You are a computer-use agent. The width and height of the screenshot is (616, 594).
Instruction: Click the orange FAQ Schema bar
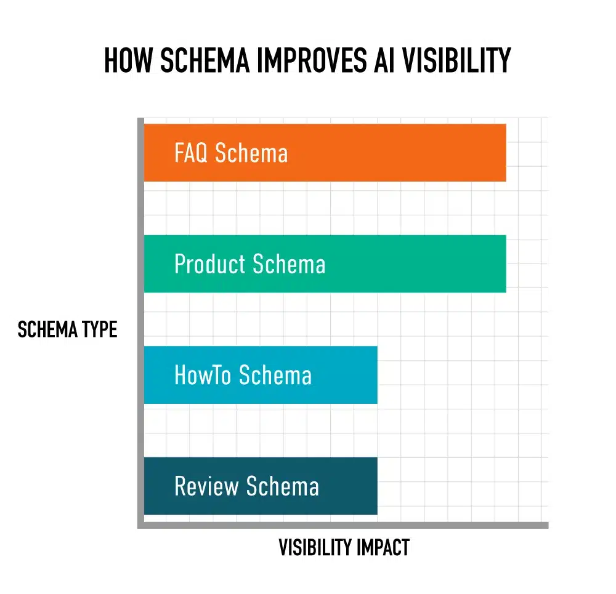pyautogui.click(x=394, y=153)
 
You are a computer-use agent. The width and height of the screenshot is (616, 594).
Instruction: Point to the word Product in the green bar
pyautogui.click(x=210, y=264)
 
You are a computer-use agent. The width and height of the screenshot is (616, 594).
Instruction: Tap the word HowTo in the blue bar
pyautogui.click(x=203, y=375)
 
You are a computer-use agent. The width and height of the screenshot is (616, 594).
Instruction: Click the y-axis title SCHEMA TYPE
pyautogui.click(x=67, y=330)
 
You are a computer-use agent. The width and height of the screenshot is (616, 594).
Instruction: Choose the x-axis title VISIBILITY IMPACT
pyautogui.click(x=344, y=547)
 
